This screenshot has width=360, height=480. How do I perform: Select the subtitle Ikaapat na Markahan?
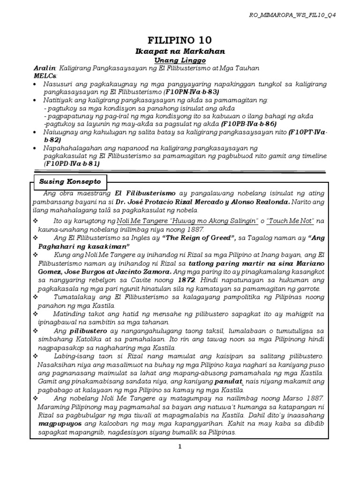180,51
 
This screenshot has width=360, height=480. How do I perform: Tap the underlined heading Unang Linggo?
180,60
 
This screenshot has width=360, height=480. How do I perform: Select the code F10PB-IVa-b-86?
247,124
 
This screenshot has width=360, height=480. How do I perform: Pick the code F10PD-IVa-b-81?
72,164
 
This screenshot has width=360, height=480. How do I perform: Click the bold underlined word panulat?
228,382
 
